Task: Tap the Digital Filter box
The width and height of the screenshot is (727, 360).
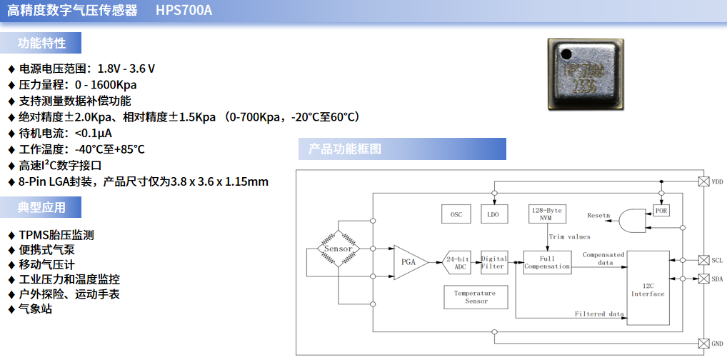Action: (x=493, y=262)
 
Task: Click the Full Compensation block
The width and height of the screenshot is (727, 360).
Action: (x=547, y=262)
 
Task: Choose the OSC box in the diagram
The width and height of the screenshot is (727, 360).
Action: (x=456, y=214)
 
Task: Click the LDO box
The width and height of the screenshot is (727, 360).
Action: (x=493, y=214)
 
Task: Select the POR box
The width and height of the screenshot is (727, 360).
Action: (x=661, y=211)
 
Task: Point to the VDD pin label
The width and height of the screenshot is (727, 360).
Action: (x=717, y=182)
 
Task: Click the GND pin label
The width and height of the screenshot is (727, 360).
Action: (x=717, y=344)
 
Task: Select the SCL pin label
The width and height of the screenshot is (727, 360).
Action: (x=717, y=260)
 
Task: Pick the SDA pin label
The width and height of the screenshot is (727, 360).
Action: (x=717, y=279)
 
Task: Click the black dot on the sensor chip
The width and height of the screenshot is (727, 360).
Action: (x=566, y=54)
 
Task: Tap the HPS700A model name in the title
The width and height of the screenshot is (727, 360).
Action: (x=184, y=11)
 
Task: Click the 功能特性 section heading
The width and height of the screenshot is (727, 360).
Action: (x=41, y=43)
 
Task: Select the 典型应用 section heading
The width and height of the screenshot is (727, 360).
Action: (x=41, y=207)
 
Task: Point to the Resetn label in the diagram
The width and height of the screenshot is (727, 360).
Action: (x=598, y=215)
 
